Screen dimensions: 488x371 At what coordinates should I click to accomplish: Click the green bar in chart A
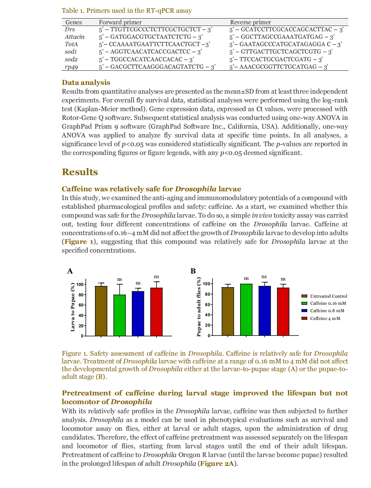point(119,315)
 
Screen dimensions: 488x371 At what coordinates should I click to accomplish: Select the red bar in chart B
point(283,312)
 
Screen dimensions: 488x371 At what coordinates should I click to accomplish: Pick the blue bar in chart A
point(138,314)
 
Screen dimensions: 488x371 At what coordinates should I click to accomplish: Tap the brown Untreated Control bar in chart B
point(228,311)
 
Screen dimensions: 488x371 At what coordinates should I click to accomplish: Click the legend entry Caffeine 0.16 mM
point(328,303)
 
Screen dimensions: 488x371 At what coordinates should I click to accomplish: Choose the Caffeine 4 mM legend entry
point(325,318)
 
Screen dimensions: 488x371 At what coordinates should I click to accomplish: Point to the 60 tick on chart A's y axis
point(81,305)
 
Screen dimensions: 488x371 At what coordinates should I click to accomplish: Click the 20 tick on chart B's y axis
point(207,325)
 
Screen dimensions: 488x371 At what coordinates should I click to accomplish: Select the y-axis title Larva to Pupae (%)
point(73,307)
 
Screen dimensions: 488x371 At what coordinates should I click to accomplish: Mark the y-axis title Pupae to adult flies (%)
point(199,307)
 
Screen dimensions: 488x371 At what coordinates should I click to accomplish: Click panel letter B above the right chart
point(193,271)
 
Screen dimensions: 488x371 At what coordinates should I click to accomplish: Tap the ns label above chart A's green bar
point(119,279)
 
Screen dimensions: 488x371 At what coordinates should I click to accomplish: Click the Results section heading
point(80,172)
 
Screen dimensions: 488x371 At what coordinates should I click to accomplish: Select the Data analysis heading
point(86,83)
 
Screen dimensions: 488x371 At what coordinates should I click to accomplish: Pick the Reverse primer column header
point(250,22)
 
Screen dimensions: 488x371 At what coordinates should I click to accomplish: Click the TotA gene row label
point(71,44)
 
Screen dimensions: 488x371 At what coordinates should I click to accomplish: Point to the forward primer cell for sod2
point(146,59)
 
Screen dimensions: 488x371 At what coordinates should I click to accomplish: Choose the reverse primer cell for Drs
point(286,30)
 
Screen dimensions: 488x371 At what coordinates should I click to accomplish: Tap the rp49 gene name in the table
point(72,67)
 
